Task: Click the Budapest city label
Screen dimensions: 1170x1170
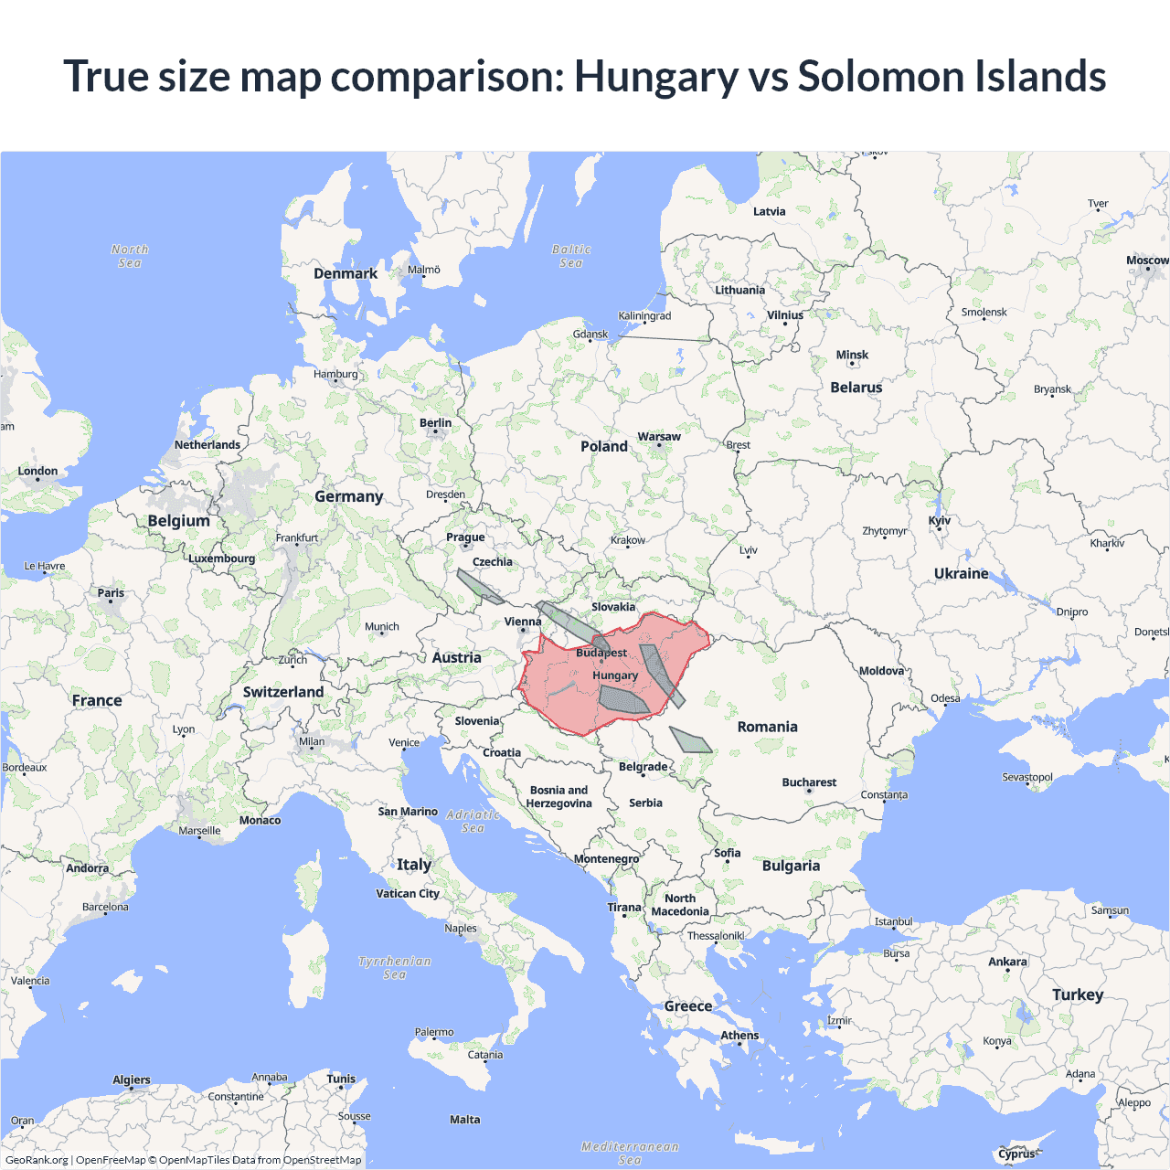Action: [x=601, y=653]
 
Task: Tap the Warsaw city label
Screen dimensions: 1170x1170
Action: [x=659, y=437]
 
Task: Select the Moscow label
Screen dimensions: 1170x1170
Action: [x=1147, y=261]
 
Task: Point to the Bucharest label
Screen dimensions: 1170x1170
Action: [x=809, y=782]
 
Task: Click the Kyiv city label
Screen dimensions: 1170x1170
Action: [x=940, y=521]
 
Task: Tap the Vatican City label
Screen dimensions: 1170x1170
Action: [x=408, y=894]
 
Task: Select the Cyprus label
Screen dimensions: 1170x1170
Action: [x=1016, y=1154]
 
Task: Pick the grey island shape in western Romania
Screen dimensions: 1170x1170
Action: [x=691, y=740]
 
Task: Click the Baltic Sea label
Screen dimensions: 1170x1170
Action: [x=571, y=256]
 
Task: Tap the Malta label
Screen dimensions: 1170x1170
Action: [x=464, y=1120]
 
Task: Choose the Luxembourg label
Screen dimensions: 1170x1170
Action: [x=222, y=558]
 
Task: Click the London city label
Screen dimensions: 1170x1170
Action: [x=37, y=472]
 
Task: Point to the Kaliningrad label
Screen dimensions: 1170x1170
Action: [x=644, y=316]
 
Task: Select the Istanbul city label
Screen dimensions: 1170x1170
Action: [x=893, y=921]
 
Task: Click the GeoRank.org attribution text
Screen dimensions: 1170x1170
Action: [x=37, y=1160]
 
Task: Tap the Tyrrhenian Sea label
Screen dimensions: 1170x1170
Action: [x=394, y=968]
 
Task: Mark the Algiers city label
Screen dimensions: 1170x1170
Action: [x=132, y=1080]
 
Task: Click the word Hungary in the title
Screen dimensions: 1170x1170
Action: [x=655, y=76]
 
